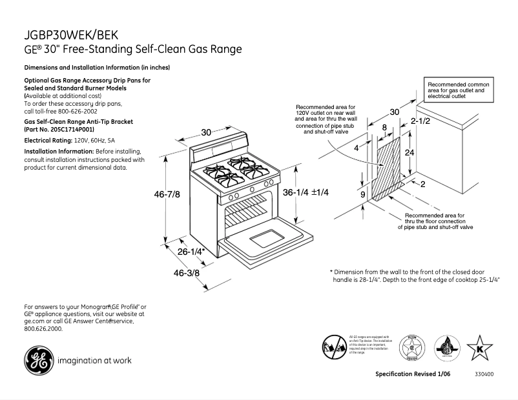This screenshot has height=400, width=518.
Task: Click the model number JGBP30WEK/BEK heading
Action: [x=71, y=35]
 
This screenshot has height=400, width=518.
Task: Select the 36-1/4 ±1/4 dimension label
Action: [x=306, y=192]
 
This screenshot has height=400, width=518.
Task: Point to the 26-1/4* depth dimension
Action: [x=191, y=252]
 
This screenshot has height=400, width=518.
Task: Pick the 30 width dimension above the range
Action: [x=206, y=132]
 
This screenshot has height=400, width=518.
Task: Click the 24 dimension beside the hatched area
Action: [x=408, y=153]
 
